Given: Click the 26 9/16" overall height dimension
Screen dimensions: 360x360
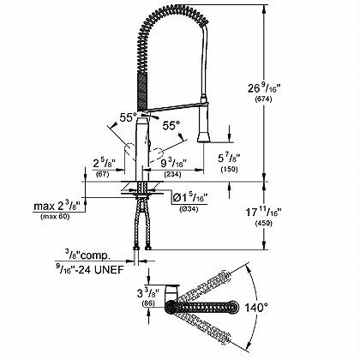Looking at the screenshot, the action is click(264, 88).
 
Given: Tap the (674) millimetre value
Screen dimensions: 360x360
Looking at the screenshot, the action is click(263, 99).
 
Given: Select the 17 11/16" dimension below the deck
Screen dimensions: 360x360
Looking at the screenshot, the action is click(264, 212).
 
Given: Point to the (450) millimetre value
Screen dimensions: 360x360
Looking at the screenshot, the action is click(263, 224).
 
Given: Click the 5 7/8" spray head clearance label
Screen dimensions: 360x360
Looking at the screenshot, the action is click(229, 158).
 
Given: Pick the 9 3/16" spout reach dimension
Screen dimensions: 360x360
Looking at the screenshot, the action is click(173, 164).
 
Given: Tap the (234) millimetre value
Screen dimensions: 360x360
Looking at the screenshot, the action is click(172, 174).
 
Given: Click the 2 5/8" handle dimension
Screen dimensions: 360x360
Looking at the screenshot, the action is click(105, 164).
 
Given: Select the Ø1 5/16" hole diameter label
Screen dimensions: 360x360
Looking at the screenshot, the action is click(189, 197).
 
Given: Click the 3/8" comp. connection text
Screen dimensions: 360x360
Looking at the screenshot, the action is click(87, 255).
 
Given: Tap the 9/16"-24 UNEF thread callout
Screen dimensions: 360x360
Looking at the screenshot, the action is click(90, 269).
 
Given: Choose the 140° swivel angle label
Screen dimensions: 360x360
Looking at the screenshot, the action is click(256, 308).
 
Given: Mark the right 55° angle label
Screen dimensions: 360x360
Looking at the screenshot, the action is click(171, 125).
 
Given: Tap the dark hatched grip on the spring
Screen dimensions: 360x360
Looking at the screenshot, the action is click(143, 92).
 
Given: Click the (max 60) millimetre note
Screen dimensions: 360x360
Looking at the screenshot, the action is click(55, 217).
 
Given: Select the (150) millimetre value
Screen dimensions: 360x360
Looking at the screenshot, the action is click(229, 169).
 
